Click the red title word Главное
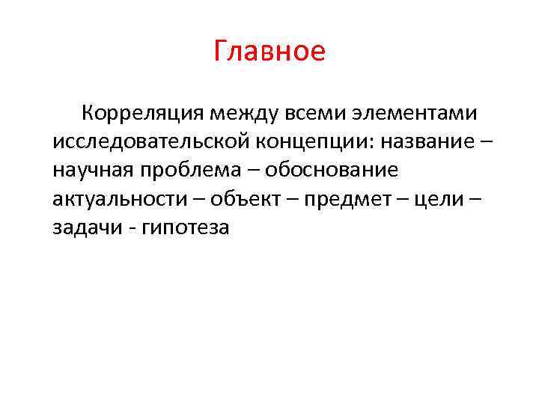pyautogui.click(x=269, y=52)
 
